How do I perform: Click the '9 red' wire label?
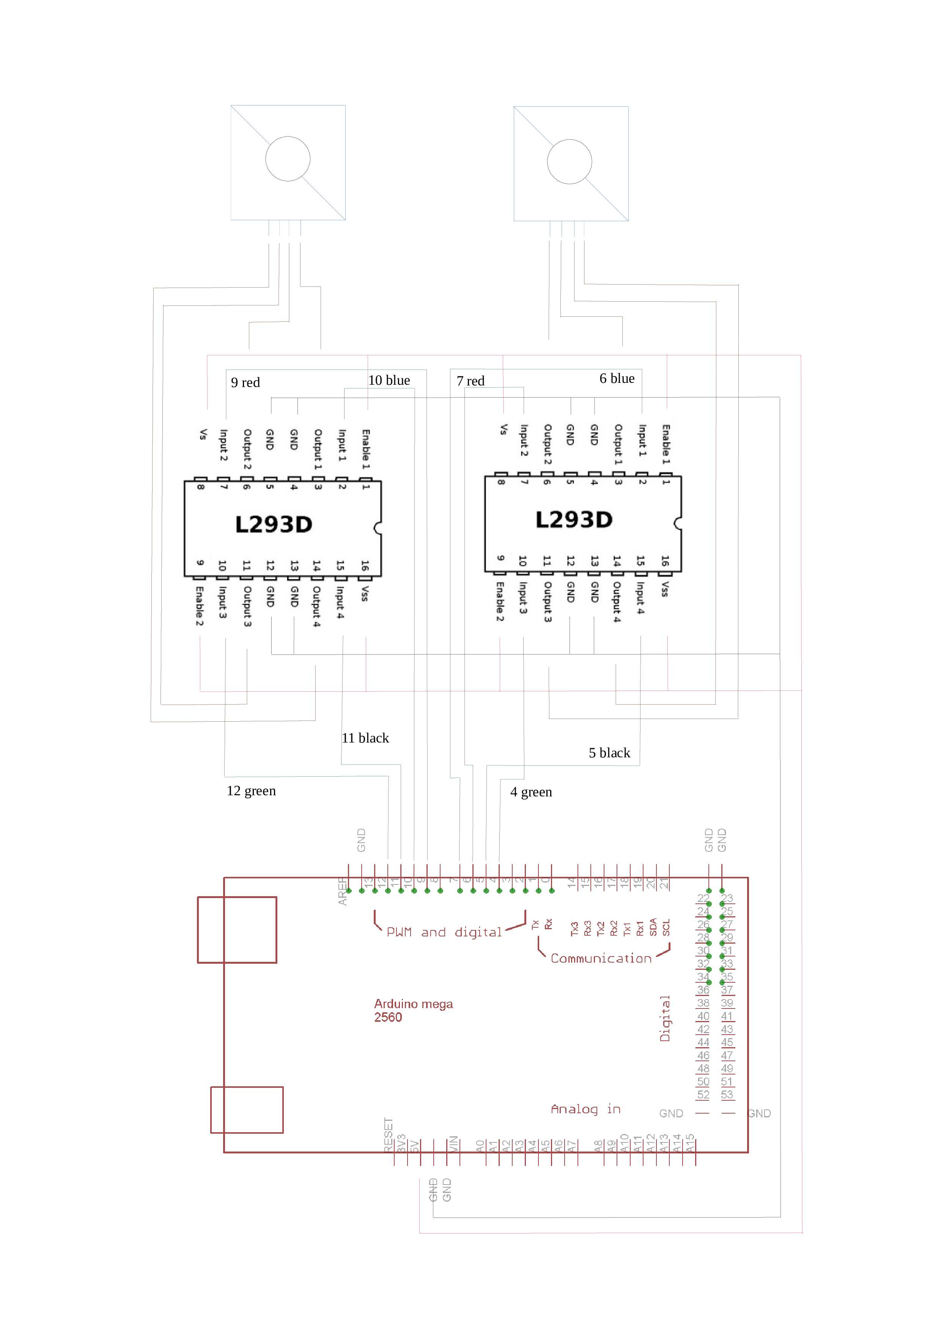(x=245, y=382)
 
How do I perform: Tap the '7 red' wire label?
(x=470, y=381)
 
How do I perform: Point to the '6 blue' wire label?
(x=617, y=379)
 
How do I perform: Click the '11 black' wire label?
(x=365, y=738)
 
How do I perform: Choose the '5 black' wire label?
(x=609, y=753)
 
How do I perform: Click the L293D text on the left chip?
(x=274, y=525)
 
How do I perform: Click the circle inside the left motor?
(x=288, y=159)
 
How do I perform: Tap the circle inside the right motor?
(x=570, y=162)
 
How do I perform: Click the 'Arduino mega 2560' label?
(x=413, y=1010)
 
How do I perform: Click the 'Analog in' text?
(x=585, y=1109)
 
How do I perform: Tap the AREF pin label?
(x=343, y=892)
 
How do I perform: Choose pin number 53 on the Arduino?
(x=727, y=1095)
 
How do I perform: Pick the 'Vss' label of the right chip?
(x=665, y=589)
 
